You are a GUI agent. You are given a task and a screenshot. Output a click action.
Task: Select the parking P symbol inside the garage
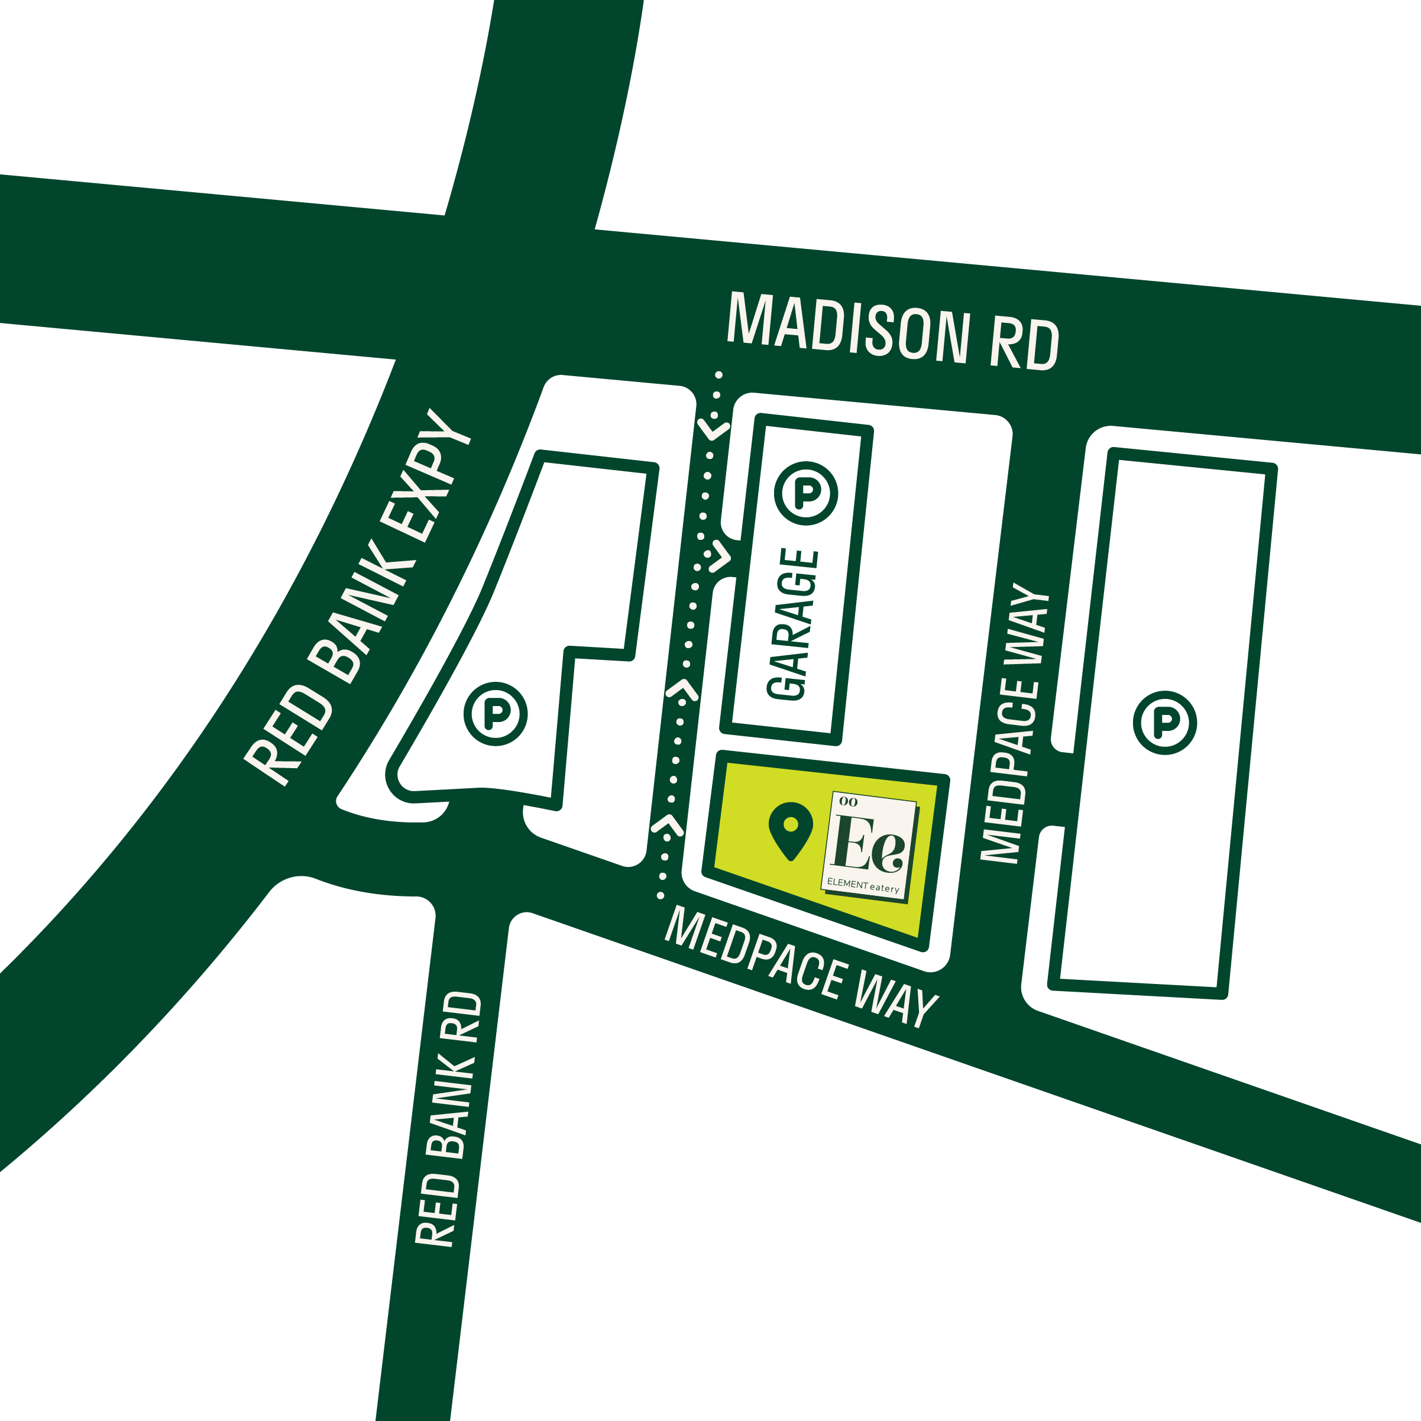[x=806, y=492]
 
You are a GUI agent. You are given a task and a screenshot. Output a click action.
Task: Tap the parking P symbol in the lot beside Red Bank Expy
[x=496, y=713]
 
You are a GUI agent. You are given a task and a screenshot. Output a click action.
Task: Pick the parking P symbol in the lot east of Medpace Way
[x=1164, y=722]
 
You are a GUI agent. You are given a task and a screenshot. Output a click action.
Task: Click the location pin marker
[x=791, y=829]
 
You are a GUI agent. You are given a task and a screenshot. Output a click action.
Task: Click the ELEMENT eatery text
[x=863, y=885]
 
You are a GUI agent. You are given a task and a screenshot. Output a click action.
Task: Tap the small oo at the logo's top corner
[x=848, y=802]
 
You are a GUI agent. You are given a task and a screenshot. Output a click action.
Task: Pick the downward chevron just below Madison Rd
[x=713, y=429]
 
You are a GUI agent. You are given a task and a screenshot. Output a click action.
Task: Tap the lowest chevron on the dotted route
[x=667, y=826]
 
